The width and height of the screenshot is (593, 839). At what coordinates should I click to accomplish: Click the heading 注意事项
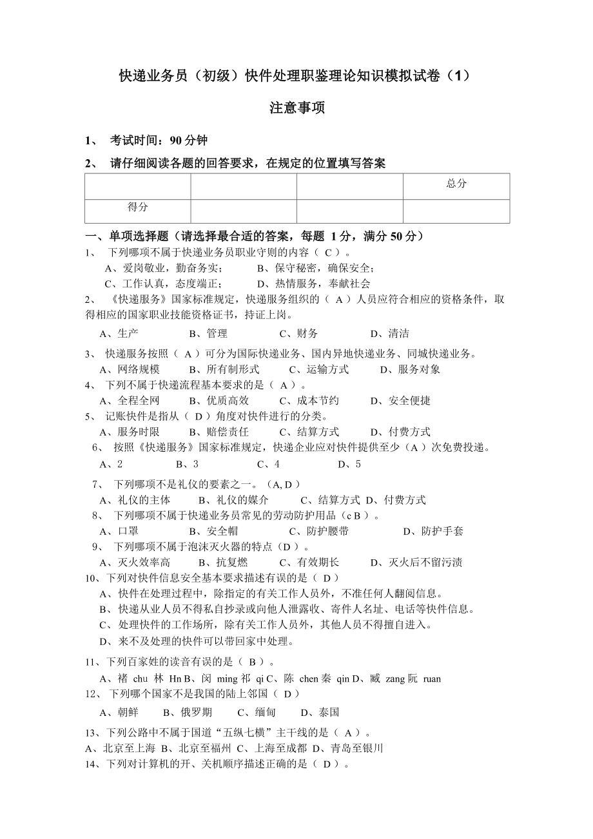[296, 108]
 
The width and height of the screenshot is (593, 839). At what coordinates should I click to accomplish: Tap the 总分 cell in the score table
[456, 184]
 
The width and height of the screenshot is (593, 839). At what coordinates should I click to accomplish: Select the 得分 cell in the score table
[137, 207]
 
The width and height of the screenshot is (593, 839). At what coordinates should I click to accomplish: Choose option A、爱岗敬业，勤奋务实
[163, 268]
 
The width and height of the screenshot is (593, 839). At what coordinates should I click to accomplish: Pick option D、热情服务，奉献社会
[313, 284]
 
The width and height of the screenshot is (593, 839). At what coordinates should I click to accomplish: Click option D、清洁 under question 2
[389, 334]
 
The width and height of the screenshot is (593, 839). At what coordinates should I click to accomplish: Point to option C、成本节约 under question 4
[309, 401]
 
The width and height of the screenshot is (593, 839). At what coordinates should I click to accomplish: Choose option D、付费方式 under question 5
[400, 432]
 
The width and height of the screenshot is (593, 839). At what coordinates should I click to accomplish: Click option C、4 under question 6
[268, 464]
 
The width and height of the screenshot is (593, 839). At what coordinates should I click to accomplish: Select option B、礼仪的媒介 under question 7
[233, 500]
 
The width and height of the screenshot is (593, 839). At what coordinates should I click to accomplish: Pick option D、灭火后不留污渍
[416, 563]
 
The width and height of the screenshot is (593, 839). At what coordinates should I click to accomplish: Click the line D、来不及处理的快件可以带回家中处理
[197, 641]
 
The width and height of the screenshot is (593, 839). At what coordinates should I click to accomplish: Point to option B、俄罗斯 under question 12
[187, 712]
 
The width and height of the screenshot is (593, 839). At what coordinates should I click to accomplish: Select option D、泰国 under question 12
[320, 712]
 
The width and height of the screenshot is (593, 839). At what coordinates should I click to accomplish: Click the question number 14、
[94, 764]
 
